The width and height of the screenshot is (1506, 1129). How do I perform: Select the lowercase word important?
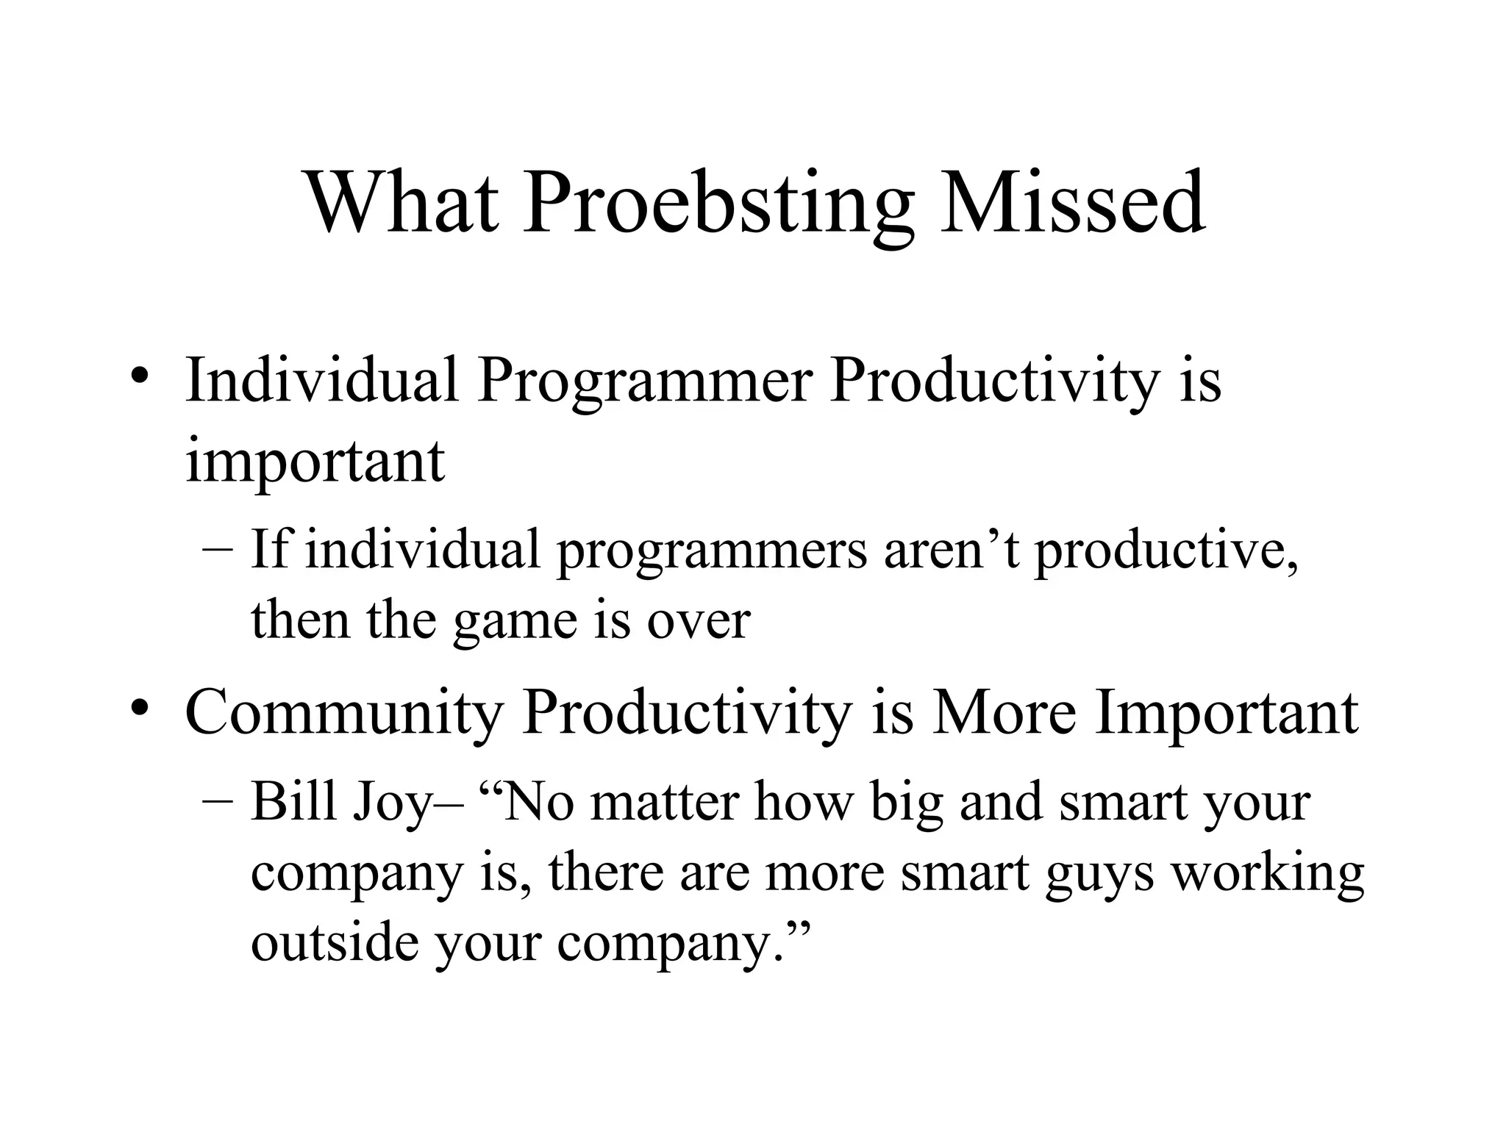tap(315, 462)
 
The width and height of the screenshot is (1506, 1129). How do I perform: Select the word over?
tap(698, 622)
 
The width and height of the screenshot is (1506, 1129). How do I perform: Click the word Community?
tap(344, 713)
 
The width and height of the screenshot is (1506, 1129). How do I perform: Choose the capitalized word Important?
tap(1226, 713)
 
